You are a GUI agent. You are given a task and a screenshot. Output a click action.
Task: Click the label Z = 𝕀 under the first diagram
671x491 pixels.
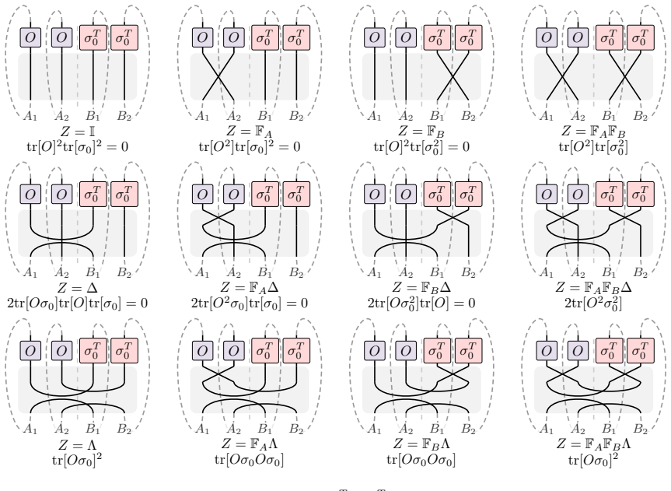pyautogui.click(x=78, y=131)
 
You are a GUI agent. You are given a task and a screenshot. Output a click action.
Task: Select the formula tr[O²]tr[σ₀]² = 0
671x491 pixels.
pyautogui.click(x=250, y=147)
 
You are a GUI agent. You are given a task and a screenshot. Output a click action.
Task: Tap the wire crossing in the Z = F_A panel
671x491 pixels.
pyautogui.click(x=218, y=77)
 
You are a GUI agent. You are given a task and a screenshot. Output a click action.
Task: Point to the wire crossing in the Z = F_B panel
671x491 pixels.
pyautogui.click(x=453, y=77)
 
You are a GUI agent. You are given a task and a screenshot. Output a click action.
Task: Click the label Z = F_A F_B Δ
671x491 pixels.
pyautogui.click(x=593, y=287)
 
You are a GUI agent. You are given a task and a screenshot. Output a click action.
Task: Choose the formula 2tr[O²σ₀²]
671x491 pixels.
pyautogui.click(x=593, y=303)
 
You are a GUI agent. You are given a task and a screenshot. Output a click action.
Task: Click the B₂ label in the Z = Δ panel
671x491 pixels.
pyautogui.click(x=124, y=272)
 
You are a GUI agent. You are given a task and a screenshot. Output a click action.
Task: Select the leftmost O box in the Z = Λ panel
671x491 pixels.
pyautogui.click(x=30, y=351)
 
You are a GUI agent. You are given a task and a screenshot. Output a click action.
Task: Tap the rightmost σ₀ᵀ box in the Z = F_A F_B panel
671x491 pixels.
pyautogui.click(x=641, y=37)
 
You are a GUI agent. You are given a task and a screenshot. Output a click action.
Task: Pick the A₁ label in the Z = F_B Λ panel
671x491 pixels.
pyautogui.click(x=375, y=429)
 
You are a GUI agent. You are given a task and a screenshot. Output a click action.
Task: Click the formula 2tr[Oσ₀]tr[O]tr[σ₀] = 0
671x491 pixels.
pyautogui.click(x=78, y=303)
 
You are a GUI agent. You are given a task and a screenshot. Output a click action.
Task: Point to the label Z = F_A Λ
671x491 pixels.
pyautogui.click(x=250, y=444)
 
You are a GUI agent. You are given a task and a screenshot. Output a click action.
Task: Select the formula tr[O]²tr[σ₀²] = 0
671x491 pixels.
pyautogui.click(x=421, y=147)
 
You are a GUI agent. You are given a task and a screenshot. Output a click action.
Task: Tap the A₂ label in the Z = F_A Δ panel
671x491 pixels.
pyautogui.click(x=234, y=272)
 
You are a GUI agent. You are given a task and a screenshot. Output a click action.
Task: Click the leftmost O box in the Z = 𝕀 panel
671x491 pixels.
pyautogui.click(x=30, y=37)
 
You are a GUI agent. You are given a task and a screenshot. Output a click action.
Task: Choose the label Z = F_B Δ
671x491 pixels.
pyautogui.click(x=421, y=287)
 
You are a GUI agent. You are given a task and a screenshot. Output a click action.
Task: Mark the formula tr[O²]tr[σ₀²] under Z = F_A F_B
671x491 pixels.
pyautogui.click(x=593, y=147)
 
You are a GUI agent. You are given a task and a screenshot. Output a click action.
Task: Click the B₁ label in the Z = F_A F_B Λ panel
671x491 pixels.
pyautogui.click(x=609, y=429)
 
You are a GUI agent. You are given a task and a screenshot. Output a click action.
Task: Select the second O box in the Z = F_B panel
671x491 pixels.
pyautogui.click(x=406, y=37)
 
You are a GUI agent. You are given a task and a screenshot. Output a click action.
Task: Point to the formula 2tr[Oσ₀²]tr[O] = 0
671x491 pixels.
pyautogui.click(x=421, y=303)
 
